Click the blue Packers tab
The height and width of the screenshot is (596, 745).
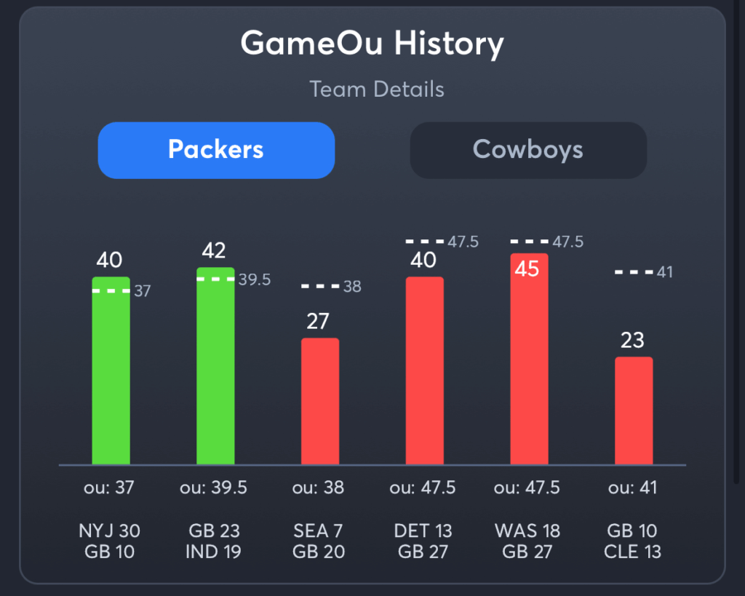click(216, 150)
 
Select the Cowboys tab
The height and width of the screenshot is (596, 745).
click(528, 150)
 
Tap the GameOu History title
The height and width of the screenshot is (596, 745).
click(372, 44)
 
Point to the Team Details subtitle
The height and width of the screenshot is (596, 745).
click(377, 90)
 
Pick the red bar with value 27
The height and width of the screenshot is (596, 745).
click(320, 401)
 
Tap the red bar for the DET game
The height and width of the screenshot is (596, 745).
click(425, 371)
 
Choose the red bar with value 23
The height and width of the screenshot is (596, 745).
click(634, 411)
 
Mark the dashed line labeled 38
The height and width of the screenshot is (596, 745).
click(320, 287)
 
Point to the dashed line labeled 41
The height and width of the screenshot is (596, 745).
click(634, 272)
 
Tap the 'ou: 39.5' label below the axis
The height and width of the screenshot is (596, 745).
click(213, 488)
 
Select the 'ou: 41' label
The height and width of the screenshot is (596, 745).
click(632, 488)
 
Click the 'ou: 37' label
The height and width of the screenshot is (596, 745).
click(108, 488)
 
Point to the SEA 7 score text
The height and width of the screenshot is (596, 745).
click(318, 531)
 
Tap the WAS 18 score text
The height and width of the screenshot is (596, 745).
click(527, 531)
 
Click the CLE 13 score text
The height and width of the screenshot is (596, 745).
click(632, 552)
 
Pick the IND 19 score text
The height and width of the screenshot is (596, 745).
click(213, 552)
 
